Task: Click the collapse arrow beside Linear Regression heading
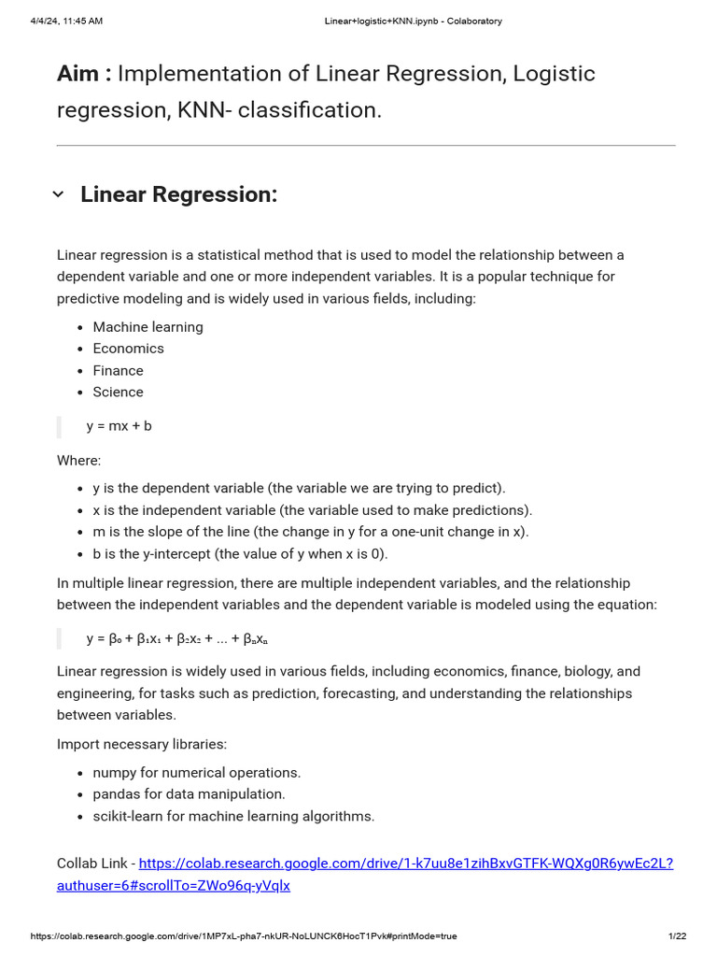58,194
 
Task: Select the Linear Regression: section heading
179,194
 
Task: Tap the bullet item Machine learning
148,327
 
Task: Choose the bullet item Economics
128,349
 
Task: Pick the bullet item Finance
118,371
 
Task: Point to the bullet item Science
118,393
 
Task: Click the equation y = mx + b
119,426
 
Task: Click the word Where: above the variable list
78,461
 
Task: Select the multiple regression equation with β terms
177,639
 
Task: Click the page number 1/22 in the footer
677,936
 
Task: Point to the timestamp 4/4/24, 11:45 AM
66,21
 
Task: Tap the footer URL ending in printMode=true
244,936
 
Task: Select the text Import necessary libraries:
142,744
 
